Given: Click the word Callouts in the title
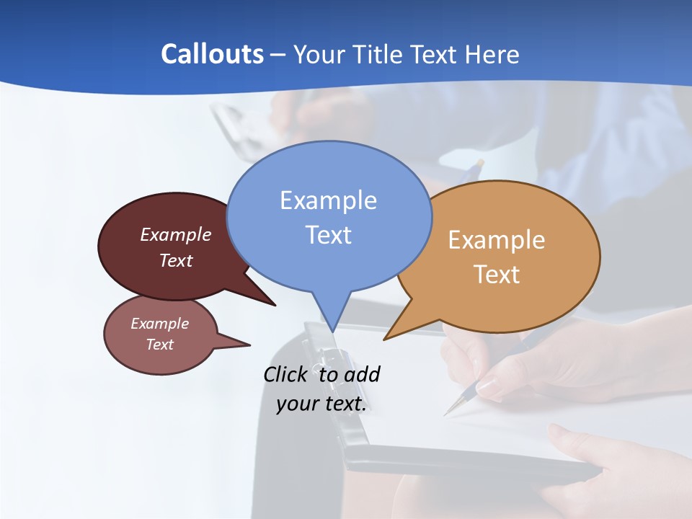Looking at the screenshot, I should pos(212,54).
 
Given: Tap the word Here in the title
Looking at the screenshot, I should pos(490,54).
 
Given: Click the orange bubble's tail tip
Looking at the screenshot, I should pos(384,340).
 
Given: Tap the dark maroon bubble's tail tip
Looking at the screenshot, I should pos(275,306).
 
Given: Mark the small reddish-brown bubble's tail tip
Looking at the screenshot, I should pos(249,345).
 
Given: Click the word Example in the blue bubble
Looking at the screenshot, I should pos(328,200).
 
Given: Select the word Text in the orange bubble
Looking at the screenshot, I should pos(497,275).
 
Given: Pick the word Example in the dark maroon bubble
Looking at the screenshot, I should pos(176,235).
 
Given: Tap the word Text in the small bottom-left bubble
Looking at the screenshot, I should pos(160,345).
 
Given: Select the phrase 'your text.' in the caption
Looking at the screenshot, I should pos(321,404).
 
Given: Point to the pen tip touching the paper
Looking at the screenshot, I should pos(445,414).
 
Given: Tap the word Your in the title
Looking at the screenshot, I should pos(319,54).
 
